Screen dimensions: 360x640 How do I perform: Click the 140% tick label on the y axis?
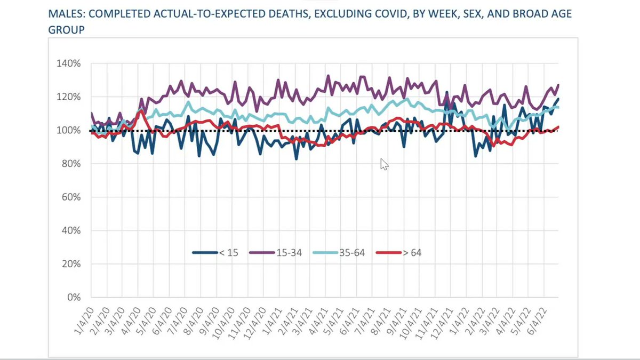[69, 63]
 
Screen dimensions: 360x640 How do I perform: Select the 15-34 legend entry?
[276, 252]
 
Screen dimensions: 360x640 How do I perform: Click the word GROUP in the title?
[67, 30]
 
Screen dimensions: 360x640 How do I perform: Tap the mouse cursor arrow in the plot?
[383, 163]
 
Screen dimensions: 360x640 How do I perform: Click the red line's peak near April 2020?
[140, 110]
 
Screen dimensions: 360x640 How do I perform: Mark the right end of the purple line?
[558, 85]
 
